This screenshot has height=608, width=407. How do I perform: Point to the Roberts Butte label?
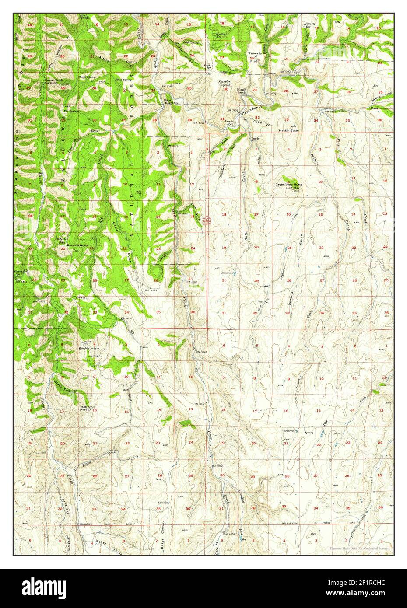[78, 246]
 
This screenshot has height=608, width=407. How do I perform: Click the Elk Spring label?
[70, 111]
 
